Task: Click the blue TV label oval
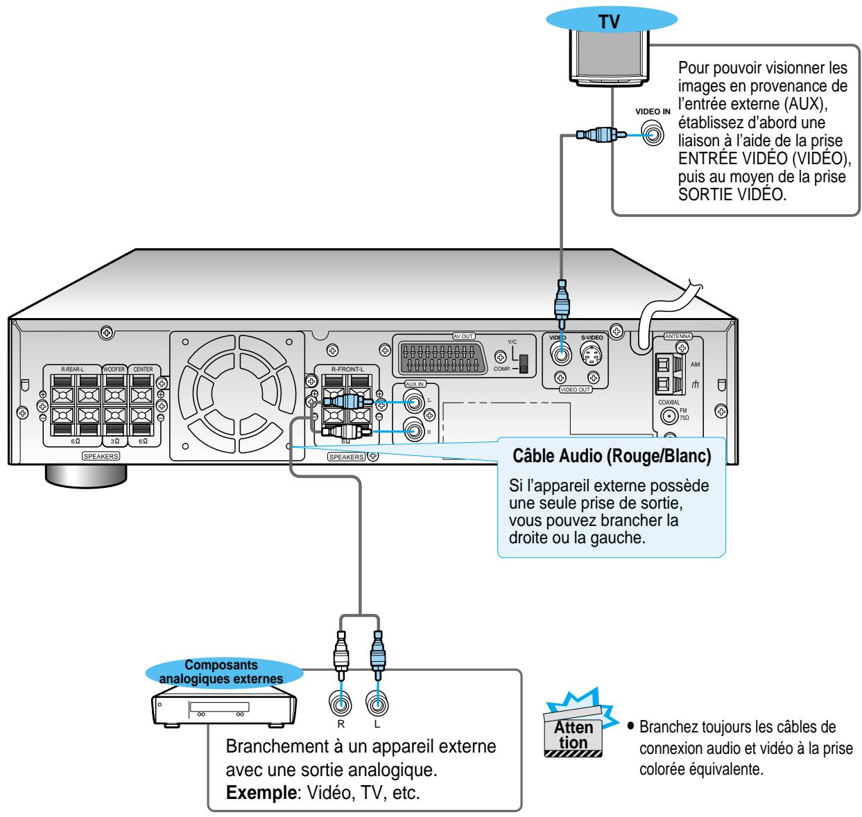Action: [x=606, y=20]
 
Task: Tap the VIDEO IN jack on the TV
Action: [x=651, y=134]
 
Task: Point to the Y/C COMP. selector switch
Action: [x=523, y=364]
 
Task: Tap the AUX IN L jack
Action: [x=415, y=401]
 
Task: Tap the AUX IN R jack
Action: [x=415, y=432]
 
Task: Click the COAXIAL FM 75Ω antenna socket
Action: [x=669, y=416]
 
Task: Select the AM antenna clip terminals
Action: [x=663, y=375]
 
